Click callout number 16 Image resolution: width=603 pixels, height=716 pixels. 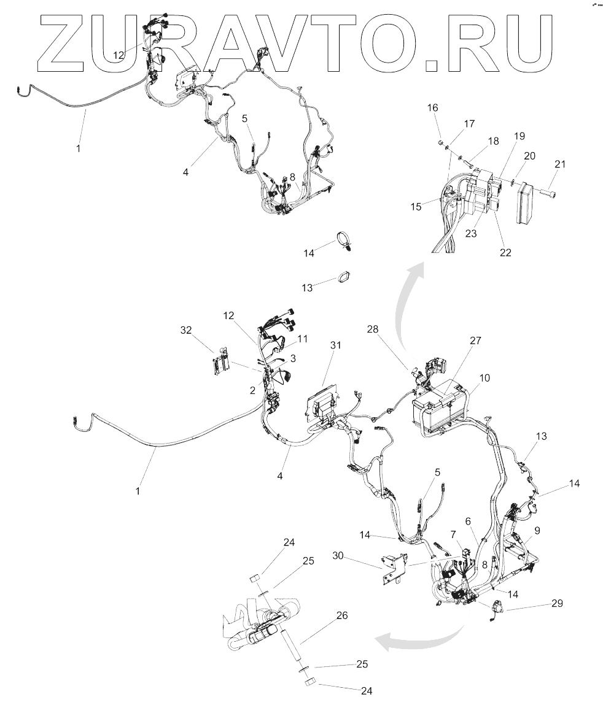[433, 107]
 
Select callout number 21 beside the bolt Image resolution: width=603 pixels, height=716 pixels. [559, 164]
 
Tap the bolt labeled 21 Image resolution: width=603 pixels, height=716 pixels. [548, 192]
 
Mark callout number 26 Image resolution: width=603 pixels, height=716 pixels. [342, 615]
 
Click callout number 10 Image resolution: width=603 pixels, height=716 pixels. [484, 378]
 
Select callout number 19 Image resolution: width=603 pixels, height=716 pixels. [502, 135]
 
